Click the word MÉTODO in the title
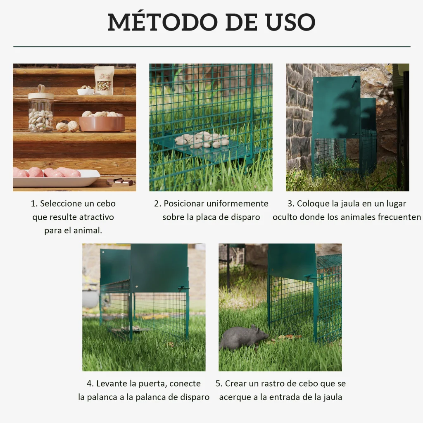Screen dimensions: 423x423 162,21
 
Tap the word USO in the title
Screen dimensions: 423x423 290,22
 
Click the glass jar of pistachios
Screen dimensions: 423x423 41,109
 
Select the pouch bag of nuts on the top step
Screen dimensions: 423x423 104,81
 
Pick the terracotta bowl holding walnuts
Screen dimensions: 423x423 102,123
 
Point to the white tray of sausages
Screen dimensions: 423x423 56,178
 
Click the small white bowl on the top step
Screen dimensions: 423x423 86,91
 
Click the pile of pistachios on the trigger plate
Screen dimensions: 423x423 202,140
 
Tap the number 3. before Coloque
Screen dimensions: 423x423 291,203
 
